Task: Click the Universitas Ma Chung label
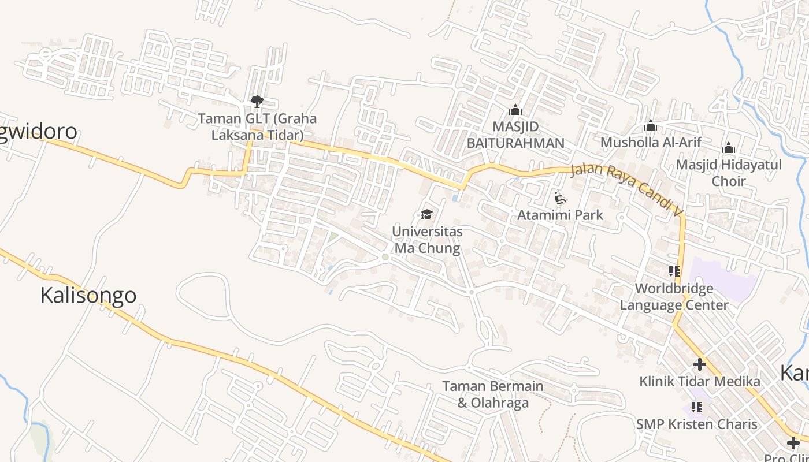point(427,240)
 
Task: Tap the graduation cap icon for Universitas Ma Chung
point(427,215)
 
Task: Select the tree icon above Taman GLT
point(257,102)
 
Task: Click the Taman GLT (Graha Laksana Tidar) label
point(257,127)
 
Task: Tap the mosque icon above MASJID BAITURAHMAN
point(515,109)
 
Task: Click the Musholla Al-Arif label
point(651,142)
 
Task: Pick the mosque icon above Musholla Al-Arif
point(651,125)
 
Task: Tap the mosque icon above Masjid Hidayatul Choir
point(729,148)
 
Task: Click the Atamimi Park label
point(560,215)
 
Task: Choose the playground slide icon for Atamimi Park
point(559,199)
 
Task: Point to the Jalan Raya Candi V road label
point(627,188)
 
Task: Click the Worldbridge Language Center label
point(674,296)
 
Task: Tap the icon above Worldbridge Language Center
point(674,271)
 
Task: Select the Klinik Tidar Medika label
point(700,381)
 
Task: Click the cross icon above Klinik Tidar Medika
point(700,364)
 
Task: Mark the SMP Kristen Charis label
point(696,424)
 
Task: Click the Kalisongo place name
point(88,295)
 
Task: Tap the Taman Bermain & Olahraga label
point(493,394)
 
